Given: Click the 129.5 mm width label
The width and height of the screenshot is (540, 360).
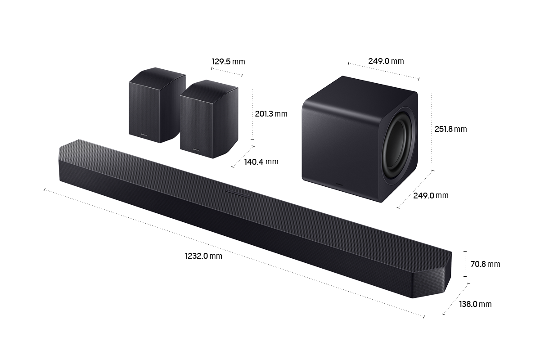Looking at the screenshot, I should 228,62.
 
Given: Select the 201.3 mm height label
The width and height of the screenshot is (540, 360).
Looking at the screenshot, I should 270,114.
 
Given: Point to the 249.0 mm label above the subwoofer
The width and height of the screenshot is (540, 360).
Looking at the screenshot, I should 386,61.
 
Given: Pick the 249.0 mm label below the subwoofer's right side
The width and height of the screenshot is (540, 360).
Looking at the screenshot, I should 431,195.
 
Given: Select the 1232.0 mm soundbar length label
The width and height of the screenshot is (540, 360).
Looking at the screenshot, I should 203,256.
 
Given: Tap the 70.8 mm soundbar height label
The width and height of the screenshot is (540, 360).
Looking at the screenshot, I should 485,264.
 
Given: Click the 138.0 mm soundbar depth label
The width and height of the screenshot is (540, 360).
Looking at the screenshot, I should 475,304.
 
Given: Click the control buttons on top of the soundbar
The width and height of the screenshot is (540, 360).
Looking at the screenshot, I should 238,194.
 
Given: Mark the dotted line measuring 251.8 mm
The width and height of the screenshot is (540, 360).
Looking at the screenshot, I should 432,128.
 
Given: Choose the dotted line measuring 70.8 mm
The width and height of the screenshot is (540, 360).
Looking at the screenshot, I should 465,264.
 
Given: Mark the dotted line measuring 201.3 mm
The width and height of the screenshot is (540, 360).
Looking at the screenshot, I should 252,113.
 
